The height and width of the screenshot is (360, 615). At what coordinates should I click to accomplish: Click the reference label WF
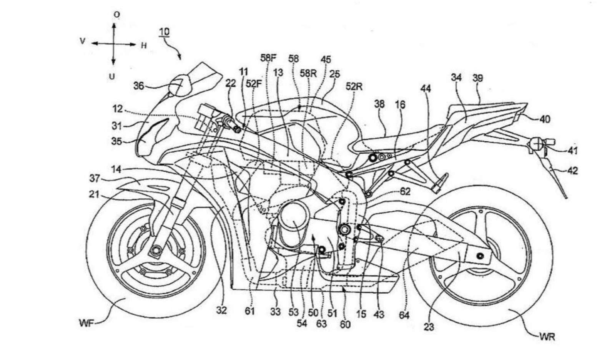(x=86, y=324)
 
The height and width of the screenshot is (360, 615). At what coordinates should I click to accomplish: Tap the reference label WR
(x=547, y=337)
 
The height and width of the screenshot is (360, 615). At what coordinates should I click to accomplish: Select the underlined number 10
(x=164, y=32)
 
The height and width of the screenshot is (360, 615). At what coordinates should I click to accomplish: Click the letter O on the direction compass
(x=116, y=15)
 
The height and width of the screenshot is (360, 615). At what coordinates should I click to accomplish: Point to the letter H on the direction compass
(x=144, y=46)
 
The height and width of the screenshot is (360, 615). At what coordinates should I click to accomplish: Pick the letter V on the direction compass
(x=82, y=41)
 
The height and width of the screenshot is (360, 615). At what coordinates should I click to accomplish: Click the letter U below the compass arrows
(x=112, y=76)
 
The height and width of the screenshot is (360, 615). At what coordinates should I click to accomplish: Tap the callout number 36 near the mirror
(x=139, y=86)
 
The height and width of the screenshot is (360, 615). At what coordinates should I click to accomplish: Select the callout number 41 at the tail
(x=572, y=151)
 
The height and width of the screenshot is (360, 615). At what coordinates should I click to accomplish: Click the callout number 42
(x=572, y=170)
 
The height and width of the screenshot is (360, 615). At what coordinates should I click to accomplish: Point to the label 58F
(x=268, y=58)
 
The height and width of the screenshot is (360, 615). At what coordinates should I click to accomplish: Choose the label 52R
(x=354, y=86)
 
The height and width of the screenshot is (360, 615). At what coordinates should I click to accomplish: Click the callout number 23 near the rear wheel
(x=429, y=327)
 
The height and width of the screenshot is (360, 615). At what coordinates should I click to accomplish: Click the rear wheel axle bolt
(x=479, y=256)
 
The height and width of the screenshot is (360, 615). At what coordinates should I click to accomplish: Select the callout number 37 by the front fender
(x=95, y=178)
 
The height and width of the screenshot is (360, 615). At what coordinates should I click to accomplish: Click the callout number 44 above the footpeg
(x=426, y=89)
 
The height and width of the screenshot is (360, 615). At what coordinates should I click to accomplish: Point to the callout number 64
(x=404, y=315)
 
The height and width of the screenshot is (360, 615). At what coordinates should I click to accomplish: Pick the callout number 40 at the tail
(x=545, y=119)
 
